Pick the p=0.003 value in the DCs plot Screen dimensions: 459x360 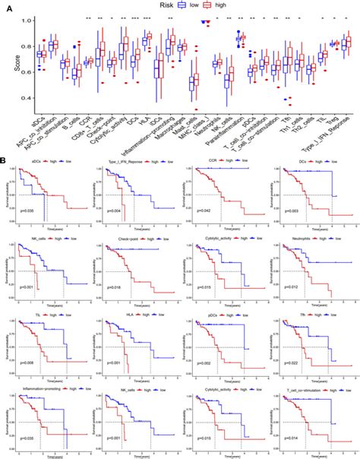coord(291,219)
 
